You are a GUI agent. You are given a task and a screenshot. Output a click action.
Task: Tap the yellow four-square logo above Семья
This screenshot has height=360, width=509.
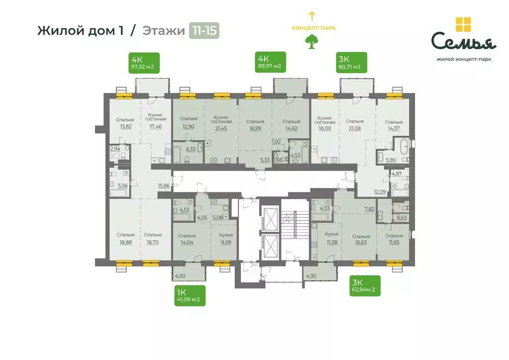point(463,25)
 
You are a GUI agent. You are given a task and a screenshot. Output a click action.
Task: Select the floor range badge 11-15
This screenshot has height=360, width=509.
point(204,31)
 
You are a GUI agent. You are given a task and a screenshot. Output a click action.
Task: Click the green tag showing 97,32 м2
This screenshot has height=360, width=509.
point(144,63)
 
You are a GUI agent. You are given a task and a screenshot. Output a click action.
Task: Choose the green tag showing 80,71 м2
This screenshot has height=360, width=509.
point(350,63)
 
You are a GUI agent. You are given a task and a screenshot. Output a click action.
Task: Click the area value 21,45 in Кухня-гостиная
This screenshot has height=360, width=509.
point(221,128)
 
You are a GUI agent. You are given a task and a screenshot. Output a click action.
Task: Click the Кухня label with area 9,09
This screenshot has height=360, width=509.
point(226,235)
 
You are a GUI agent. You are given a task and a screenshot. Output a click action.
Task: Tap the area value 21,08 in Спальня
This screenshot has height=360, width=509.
point(354,128)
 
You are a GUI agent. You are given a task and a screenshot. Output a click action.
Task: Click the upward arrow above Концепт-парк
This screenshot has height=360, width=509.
point(312,16)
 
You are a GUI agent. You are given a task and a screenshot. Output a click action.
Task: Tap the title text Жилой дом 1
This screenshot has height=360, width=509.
point(81,31)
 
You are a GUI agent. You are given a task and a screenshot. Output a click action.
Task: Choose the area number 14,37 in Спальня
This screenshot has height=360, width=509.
point(393,128)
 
